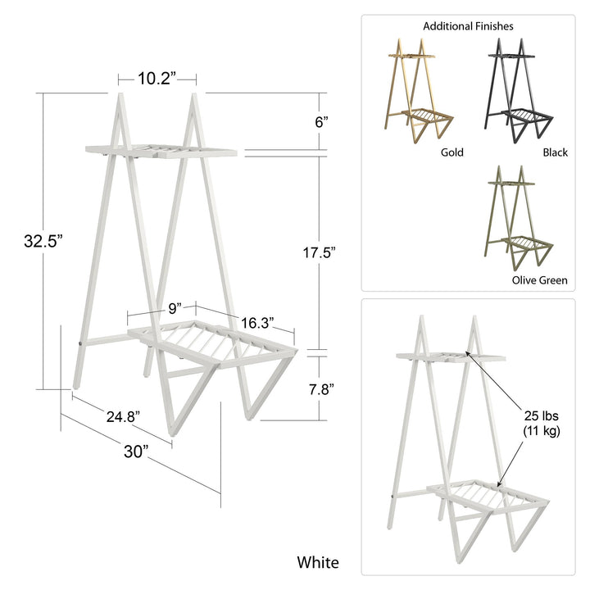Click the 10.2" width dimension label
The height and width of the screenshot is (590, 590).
point(157,79)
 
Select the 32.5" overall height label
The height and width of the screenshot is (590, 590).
point(43,241)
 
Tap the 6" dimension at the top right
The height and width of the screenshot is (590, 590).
point(321,121)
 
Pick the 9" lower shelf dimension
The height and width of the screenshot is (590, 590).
point(174,308)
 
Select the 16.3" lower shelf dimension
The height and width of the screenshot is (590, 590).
point(256,320)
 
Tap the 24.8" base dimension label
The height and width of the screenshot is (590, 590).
point(123,417)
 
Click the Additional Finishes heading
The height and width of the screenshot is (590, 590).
point(468,26)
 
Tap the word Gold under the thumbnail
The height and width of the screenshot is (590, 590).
point(452,152)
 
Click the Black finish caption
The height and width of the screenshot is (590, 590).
point(555,152)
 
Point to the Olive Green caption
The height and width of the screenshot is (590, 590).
point(538,280)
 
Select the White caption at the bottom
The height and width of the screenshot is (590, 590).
point(317,562)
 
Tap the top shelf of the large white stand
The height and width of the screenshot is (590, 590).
point(161,151)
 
